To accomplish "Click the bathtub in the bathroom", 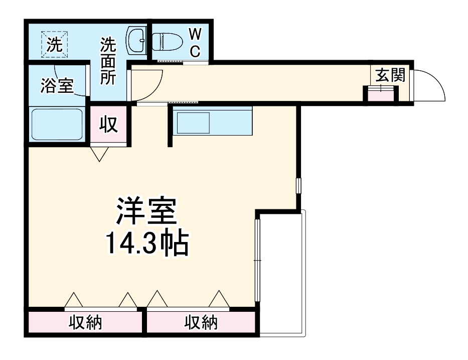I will click(57, 125).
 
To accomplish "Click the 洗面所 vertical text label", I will click(108, 61).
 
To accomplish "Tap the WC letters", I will click(196, 42).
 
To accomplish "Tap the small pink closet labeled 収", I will click(108, 125).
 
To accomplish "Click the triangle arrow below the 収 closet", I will click(100, 154).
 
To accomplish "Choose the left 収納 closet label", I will click(85, 322).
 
